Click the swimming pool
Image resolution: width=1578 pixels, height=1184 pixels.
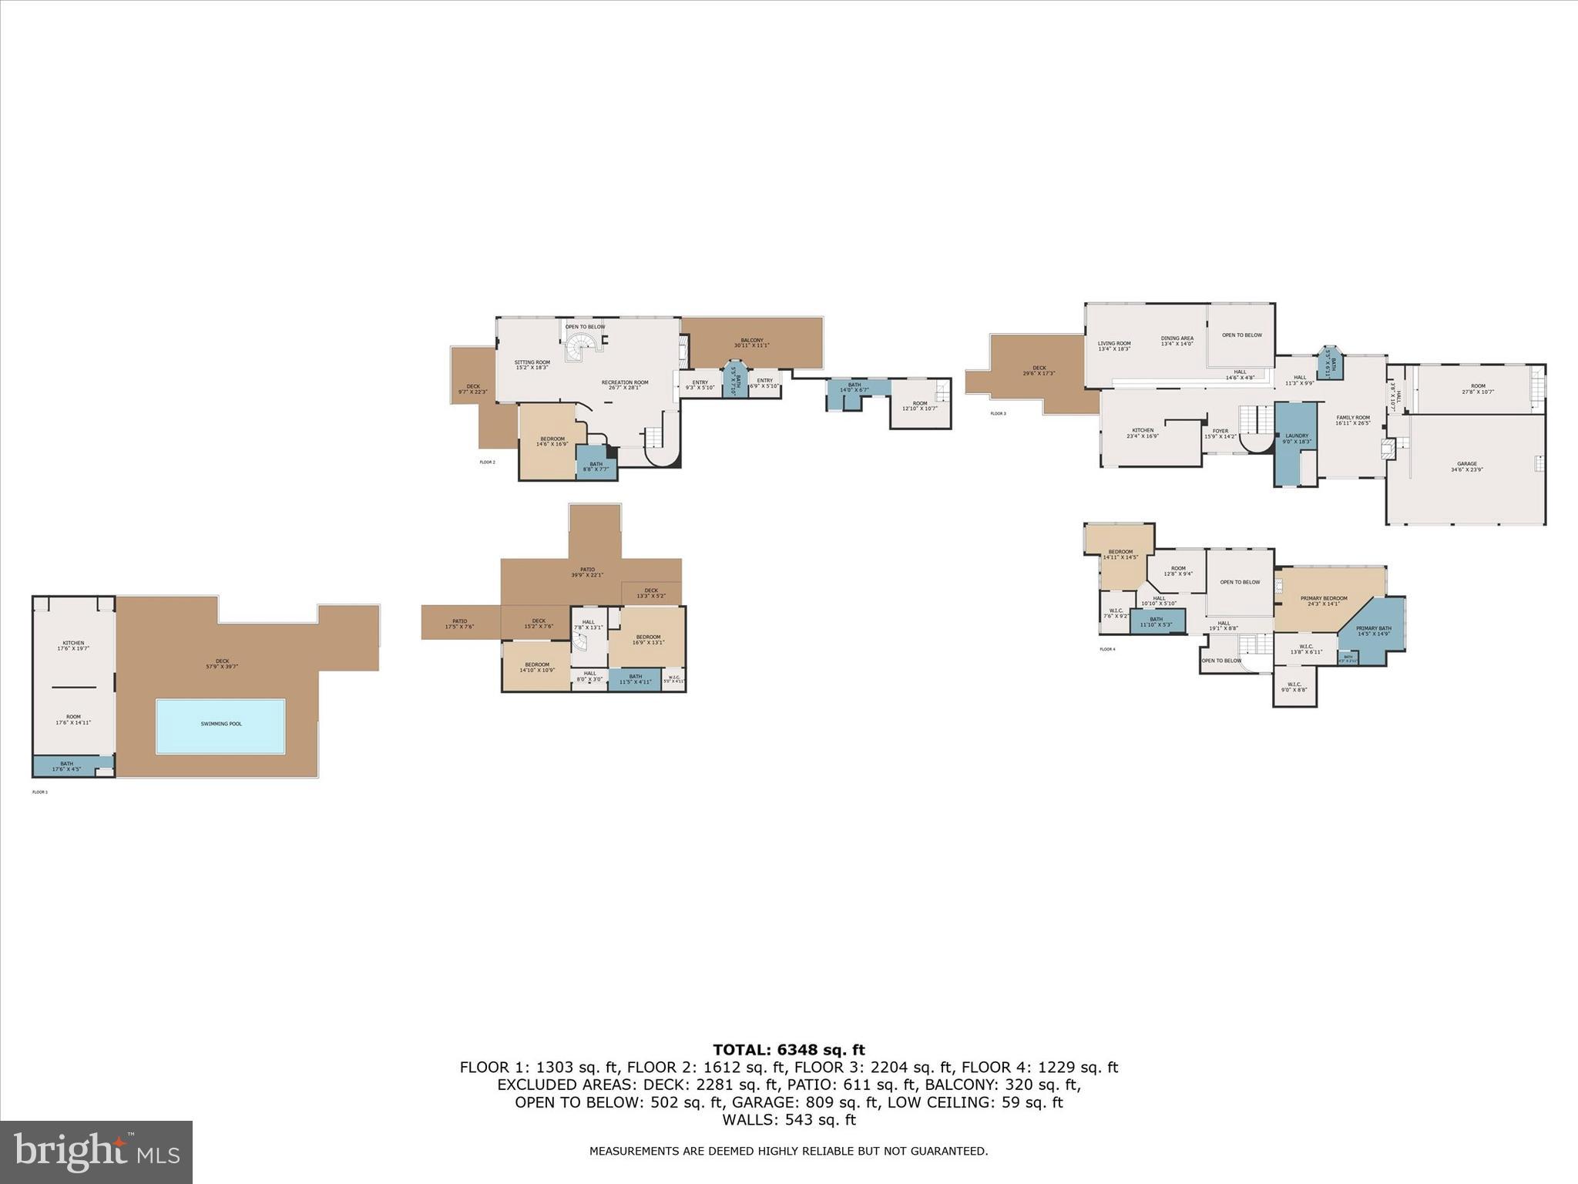point(220,725)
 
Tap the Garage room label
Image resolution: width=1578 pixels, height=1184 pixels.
point(1466,466)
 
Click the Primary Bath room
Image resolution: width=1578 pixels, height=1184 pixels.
point(1373,631)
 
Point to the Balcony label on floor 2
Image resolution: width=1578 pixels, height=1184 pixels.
point(751,342)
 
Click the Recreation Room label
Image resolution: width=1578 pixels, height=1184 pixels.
point(625,385)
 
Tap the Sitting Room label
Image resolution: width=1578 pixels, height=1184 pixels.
point(532,365)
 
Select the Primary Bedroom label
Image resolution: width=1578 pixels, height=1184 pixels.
point(1324,600)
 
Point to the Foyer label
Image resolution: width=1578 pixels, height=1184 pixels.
point(1220,433)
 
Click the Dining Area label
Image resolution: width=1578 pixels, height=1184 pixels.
point(1177,341)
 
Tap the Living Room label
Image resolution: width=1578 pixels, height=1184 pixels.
point(1113,345)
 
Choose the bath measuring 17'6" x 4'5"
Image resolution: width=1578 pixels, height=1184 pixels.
point(67,766)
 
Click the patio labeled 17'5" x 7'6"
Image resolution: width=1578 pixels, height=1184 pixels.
point(459,624)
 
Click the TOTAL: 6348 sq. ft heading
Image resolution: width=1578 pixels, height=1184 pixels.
point(788,1050)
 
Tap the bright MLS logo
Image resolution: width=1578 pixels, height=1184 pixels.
point(96,1152)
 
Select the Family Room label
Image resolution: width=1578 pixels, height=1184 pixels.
point(1352,420)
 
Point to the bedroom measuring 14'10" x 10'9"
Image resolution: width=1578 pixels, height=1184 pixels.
point(537,667)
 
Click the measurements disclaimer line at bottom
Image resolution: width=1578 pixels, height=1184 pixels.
point(788,1151)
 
